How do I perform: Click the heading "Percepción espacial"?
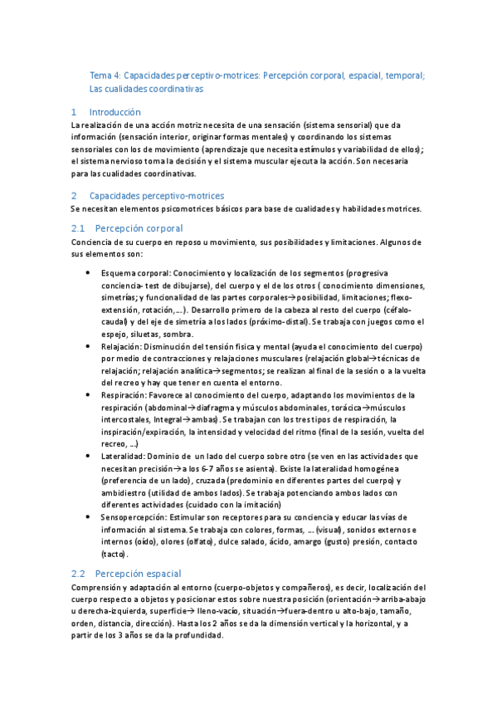pos(138,574)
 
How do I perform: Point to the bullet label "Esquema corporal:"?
pos(135,272)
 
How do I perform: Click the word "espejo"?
pos(113,334)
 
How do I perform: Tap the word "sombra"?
pos(178,334)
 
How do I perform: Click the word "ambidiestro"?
pos(127,493)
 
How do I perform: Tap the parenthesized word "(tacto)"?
pos(114,553)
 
